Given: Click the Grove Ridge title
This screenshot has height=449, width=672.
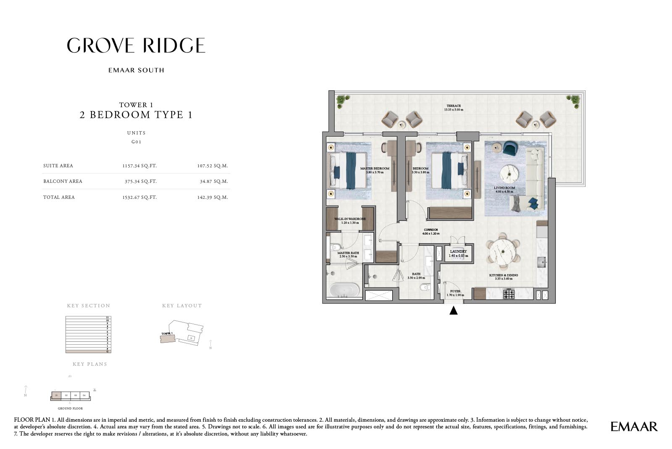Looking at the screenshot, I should pos(136,45).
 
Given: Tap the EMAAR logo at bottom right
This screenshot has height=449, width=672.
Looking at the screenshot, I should pos(634,426).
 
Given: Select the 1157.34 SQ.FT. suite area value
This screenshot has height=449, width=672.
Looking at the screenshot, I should pos(139,166).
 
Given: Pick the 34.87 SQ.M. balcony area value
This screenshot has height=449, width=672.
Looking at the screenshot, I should pos(214,181).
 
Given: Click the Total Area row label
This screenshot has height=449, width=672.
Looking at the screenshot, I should pos(59,197).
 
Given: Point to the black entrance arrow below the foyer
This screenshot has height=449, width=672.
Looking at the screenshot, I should pos(453,311).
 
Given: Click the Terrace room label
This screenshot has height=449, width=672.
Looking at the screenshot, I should pos(454,106).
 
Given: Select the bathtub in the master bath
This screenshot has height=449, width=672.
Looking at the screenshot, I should pos(344,290).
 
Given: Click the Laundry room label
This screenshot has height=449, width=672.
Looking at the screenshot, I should pos(458,251).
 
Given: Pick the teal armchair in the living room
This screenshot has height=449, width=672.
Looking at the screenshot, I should pos(510,148).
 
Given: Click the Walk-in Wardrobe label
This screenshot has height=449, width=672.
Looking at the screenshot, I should pos(350,219).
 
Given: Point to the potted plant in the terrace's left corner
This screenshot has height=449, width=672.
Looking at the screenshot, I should pos(342,101).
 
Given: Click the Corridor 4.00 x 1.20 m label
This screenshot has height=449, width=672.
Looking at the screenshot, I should pos(431,232).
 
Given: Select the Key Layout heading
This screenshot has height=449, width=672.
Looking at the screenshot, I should pos(182,306).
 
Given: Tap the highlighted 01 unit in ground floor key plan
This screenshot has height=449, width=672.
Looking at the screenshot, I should pos(56,396).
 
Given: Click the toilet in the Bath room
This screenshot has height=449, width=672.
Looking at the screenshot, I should pos(425,288).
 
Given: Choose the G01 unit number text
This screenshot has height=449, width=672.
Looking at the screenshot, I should pos(136,142).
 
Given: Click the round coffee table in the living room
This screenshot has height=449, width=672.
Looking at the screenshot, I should pos(509,173).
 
